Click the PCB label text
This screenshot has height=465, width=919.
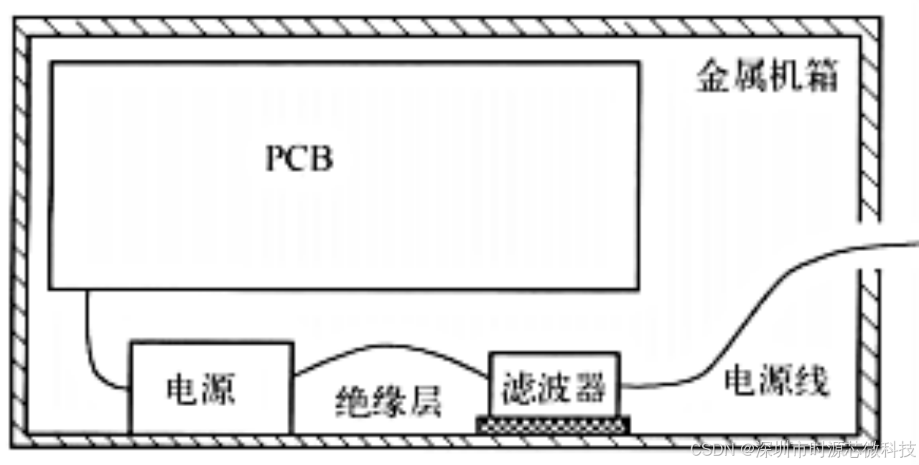click(x=299, y=159)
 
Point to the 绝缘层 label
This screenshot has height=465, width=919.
click(x=388, y=402)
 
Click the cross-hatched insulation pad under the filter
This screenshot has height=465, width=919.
click(x=553, y=425)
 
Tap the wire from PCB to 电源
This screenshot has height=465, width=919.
click(x=91, y=344)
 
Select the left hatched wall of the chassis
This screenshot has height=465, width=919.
click(x=19, y=237)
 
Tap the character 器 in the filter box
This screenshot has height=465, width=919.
click(x=590, y=387)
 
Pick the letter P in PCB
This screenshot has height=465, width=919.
click(x=276, y=159)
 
